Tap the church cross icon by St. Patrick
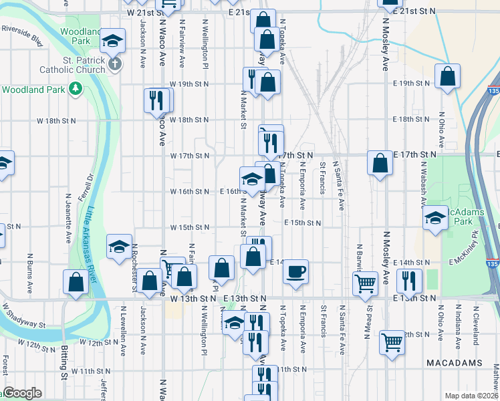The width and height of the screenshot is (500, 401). pos(115,64)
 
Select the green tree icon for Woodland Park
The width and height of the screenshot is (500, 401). pos(76,89)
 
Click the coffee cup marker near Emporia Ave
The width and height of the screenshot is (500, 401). pos(295,271)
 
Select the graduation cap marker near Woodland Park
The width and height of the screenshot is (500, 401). pos(113,41)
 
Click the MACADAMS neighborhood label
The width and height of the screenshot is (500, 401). pos(454,362)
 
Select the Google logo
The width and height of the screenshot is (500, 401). pos(22,393)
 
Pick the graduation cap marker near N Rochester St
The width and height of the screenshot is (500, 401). pos(120,248)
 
